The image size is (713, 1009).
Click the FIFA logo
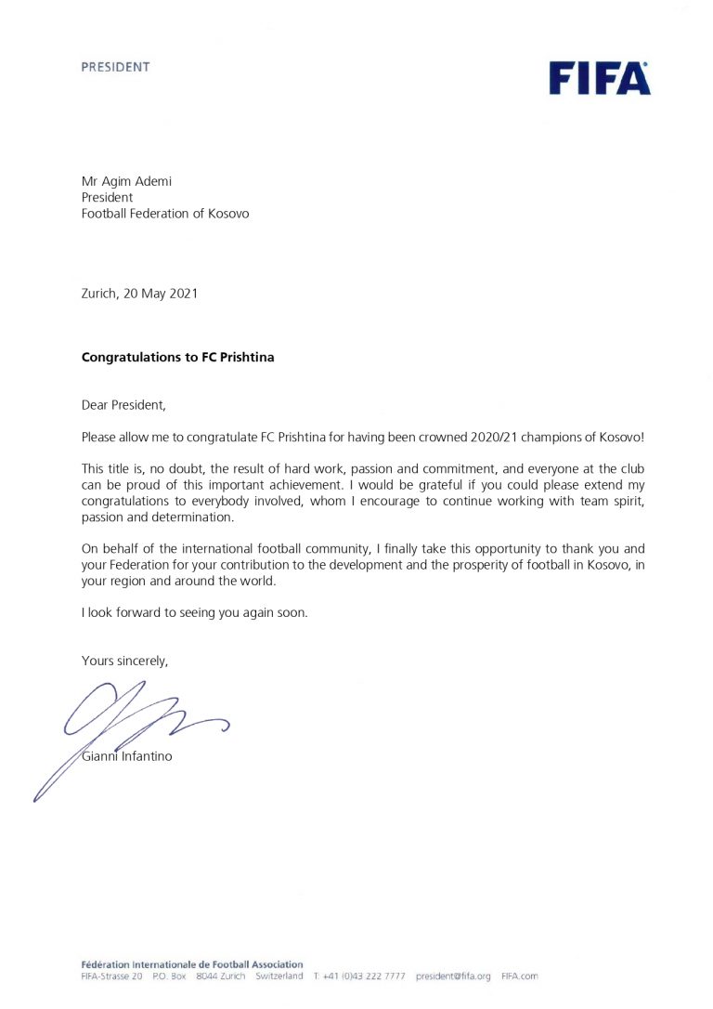pos(599,78)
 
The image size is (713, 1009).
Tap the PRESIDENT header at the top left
pos(115,67)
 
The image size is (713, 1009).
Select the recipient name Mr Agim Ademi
pos(126,181)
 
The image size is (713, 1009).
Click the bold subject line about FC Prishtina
pos(177,357)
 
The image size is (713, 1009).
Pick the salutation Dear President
pos(127,405)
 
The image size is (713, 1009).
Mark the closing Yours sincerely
pos(124,662)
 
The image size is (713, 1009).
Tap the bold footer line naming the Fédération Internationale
pos(191,964)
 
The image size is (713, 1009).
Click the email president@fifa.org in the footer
pos(452,976)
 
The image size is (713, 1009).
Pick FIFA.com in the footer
pos(519,976)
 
